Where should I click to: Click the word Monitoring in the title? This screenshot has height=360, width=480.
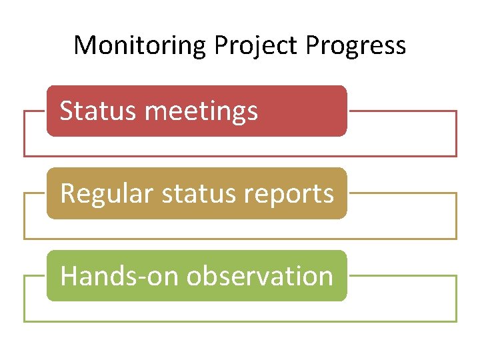pyautogui.click(x=141, y=45)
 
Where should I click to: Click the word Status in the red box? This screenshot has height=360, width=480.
pyautogui.click(x=98, y=111)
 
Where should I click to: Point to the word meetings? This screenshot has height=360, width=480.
pyautogui.click(x=201, y=111)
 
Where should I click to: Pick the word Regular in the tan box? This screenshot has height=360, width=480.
pyautogui.click(x=106, y=193)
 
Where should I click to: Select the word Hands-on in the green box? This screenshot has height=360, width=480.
pyautogui.click(x=120, y=276)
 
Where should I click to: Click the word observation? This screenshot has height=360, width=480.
pyautogui.click(x=260, y=276)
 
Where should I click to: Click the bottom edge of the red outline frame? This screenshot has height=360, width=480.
pyautogui.click(x=240, y=156)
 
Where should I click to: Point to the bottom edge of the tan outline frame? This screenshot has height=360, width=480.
pyautogui.click(x=240, y=239)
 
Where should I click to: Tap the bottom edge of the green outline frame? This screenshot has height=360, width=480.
pyautogui.click(x=240, y=321)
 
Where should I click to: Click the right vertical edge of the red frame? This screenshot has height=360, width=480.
pyautogui.click(x=457, y=133)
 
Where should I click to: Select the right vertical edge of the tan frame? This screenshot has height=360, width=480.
pyautogui.click(x=457, y=216)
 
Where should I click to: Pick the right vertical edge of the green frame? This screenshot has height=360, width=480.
pyautogui.click(x=457, y=299)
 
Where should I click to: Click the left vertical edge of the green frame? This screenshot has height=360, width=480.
pyautogui.click(x=24, y=299)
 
